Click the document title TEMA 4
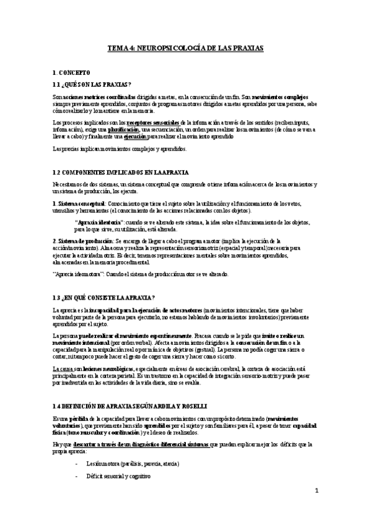click(185, 48)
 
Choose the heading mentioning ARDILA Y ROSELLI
click(133, 388)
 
